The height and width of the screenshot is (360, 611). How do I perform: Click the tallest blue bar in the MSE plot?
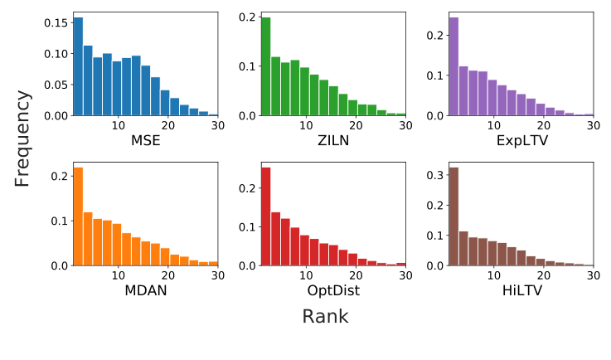(78, 66)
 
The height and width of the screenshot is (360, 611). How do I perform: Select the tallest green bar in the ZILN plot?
(266, 66)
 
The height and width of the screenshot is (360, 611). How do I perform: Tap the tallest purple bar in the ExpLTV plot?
(453, 66)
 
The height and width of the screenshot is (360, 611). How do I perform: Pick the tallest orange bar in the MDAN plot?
(78, 216)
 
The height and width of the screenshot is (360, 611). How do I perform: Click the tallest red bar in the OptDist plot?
(266, 216)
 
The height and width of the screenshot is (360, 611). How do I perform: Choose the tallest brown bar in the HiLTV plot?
(453, 216)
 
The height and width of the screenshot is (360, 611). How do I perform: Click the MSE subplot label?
(145, 140)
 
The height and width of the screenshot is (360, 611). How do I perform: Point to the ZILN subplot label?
(333, 140)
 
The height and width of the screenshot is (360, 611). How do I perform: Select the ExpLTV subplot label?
(521, 140)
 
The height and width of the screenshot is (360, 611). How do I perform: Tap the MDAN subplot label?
(145, 290)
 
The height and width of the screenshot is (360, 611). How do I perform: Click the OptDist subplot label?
(333, 290)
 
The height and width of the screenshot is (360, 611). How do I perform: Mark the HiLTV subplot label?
(521, 290)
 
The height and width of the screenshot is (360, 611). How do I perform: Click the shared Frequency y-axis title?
(22, 139)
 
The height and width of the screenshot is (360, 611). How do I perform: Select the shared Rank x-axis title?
(325, 317)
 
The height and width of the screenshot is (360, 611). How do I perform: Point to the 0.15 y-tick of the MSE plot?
(56, 23)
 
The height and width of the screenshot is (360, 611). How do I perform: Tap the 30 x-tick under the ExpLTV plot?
(593, 125)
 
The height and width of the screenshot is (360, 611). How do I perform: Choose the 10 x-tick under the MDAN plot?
(118, 275)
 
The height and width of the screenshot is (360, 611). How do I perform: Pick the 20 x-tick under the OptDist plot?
(356, 275)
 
